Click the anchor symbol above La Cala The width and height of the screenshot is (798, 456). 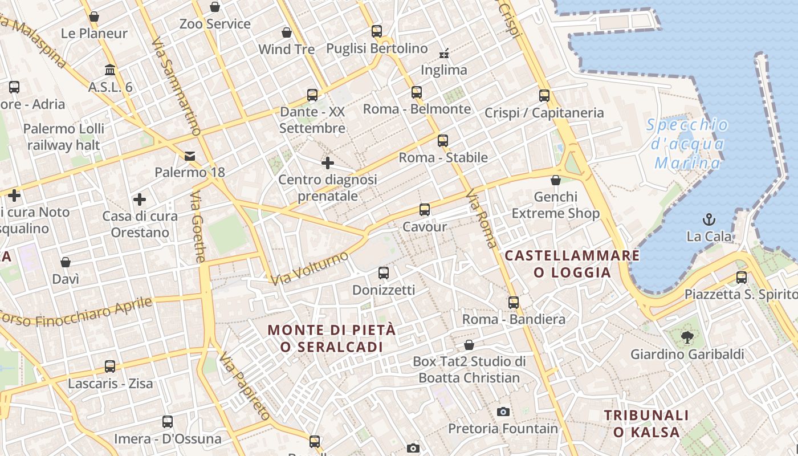pyautogui.click(x=709, y=219)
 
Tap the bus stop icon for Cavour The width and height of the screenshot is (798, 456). pyautogui.click(x=424, y=210)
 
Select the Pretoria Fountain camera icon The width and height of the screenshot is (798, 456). pyautogui.click(x=503, y=412)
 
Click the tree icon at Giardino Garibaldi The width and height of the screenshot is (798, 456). pyautogui.click(x=687, y=337)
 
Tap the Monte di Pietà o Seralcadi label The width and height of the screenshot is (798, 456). pyautogui.click(x=332, y=338)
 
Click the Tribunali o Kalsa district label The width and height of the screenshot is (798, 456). pyautogui.click(x=646, y=424)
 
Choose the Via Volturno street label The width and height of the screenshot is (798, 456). pyautogui.click(x=310, y=268)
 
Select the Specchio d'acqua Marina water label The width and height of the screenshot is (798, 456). pyautogui.click(x=688, y=144)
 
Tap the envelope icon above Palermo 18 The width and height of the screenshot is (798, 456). pyautogui.click(x=189, y=156)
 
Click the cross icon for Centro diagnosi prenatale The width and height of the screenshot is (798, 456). pyautogui.click(x=327, y=164)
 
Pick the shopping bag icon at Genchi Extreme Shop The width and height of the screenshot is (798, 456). pyautogui.click(x=556, y=181)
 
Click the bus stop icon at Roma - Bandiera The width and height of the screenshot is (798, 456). pyautogui.click(x=514, y=302)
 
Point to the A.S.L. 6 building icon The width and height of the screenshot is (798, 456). pyautogui.click(x=110, y=70)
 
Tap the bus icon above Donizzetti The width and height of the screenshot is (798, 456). pyautogui.click(x=384, y=273)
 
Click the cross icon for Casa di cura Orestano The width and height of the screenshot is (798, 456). pyautogui.click(x=140, y=199)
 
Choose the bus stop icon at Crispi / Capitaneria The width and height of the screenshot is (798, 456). pyautogui.click(x=544, y=96)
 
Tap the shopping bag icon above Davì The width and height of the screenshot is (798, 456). pyautogui.click(x=66, y=262)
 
